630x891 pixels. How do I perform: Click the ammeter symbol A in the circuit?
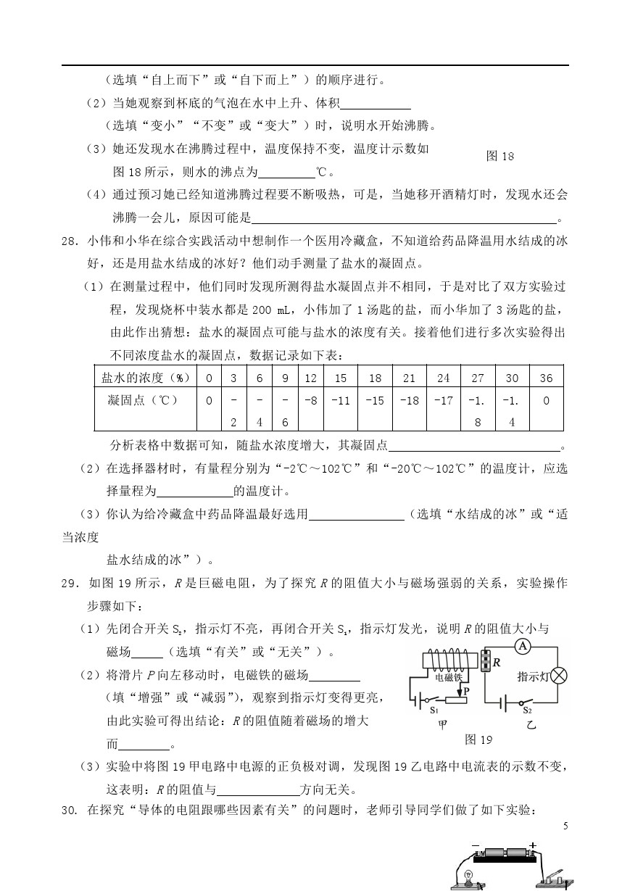[x=520, y=646]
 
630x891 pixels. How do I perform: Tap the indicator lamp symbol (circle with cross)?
[x=558, y=676]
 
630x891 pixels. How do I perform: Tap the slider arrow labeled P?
[x=464, y=692]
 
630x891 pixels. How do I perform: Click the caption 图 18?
[x=500, y=156]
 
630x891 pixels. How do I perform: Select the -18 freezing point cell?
[x=410, y=400]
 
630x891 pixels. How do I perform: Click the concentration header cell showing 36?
[x=546, y=378]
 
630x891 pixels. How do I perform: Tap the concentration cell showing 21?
[x=410, y=378]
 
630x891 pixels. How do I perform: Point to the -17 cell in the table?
[x=444, y=400]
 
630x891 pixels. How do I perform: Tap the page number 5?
[x=565, y=826]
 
